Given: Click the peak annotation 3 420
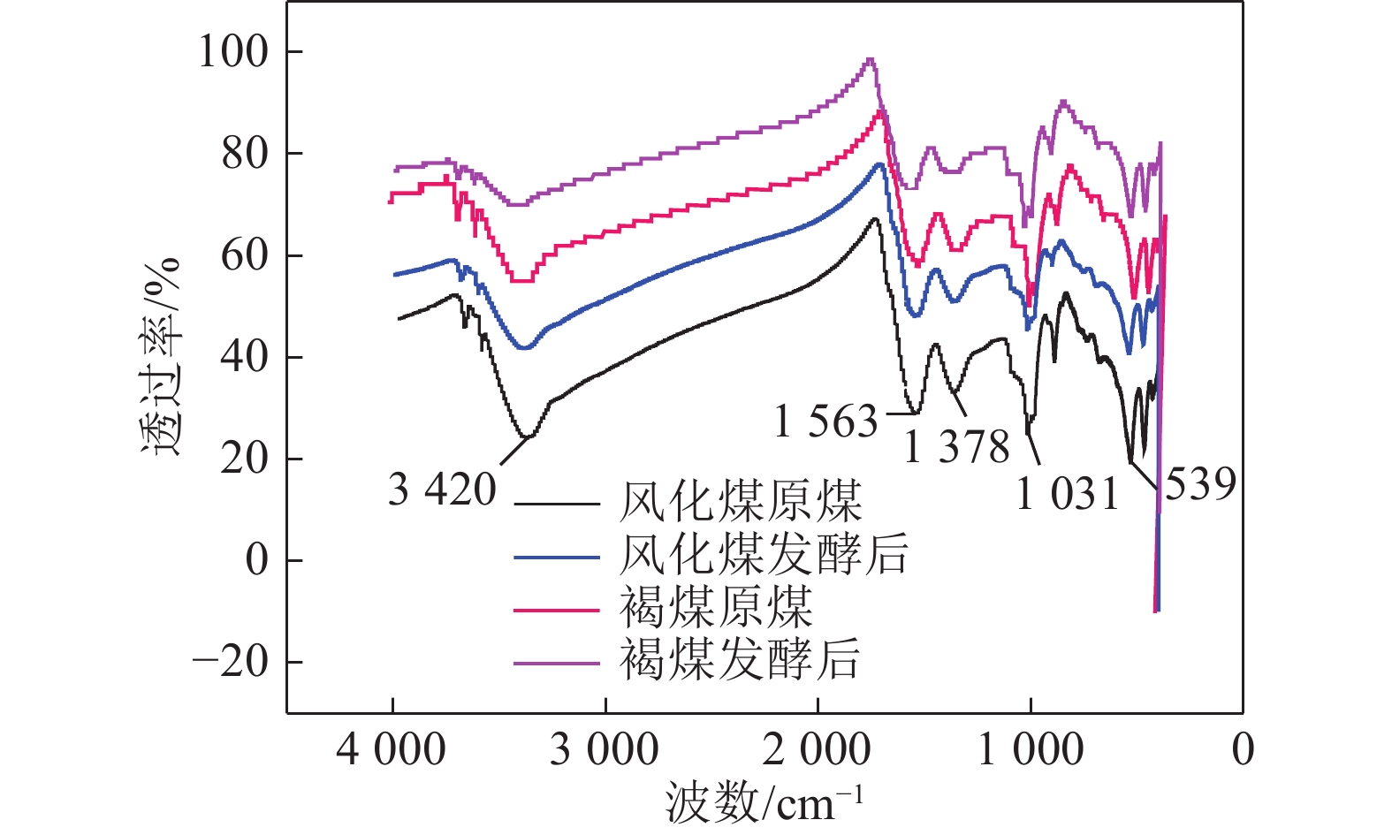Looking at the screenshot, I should click(442, 490).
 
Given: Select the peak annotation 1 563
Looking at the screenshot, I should click(825, 421).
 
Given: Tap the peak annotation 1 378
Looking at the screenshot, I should click(956, 446).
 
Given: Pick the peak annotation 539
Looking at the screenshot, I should click(1199, 484).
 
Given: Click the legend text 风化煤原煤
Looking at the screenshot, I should click(741, 502).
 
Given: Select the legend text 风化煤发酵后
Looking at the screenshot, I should click(764, 555).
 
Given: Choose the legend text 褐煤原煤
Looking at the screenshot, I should click(716, 608).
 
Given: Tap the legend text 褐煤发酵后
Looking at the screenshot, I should click(740, 660).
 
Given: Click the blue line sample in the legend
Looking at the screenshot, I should click(557, 558).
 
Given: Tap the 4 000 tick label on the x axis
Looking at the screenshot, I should click(391, 750).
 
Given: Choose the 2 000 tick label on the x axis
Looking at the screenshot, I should click(817, 750).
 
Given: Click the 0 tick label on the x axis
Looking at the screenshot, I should click(1243, 750).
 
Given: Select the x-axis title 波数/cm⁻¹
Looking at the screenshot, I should click(764, 802).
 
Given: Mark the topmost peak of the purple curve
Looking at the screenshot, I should click(871, 59).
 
